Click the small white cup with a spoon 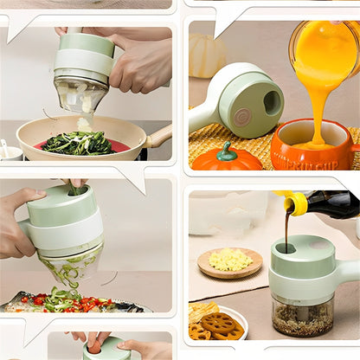(x=10, y=152)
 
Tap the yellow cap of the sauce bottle (x=294, y=203)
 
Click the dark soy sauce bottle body (x=332, y=204)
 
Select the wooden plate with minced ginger (x=229, y=261)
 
